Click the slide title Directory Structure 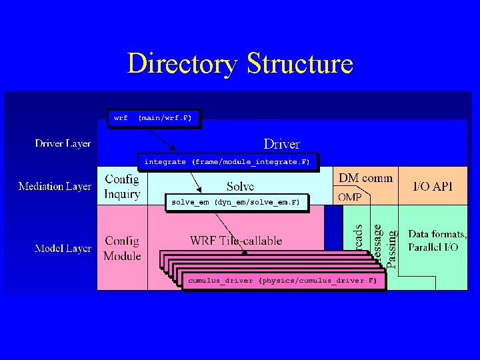pos(239,64)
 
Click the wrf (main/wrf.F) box pos(153,118)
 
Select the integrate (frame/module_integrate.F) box pos(227,162)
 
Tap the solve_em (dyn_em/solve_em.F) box pos(236,202)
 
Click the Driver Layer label pos(63,143)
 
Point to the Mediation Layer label pos(55,186)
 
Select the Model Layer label pos(63,248)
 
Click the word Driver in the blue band pos(281,143)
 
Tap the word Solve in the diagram pos(239,187)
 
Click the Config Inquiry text pos(122,187)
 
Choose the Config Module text pos(123,248)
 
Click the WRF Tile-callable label pos(236,240)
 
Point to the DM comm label pos(366,178)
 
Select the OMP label pos(350,197)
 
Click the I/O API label pos(433,186)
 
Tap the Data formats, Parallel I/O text pos(437,241)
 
